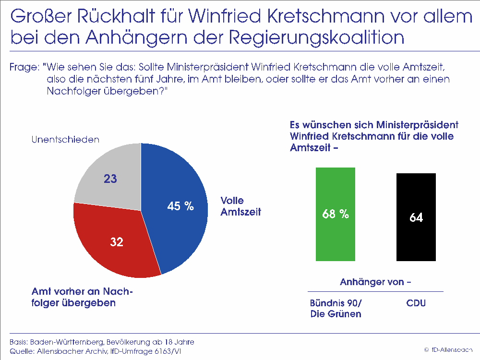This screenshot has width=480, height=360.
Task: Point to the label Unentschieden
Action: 65,140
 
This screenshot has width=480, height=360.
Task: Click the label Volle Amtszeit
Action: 240,206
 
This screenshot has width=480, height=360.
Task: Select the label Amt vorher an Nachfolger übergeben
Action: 82,298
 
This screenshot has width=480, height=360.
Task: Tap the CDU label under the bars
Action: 416,303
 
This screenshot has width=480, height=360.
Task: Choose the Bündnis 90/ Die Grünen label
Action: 336,309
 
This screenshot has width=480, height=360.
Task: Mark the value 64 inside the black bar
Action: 416,217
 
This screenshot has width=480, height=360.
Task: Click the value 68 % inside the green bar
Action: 335,215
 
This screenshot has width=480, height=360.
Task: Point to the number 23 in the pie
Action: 110,179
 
